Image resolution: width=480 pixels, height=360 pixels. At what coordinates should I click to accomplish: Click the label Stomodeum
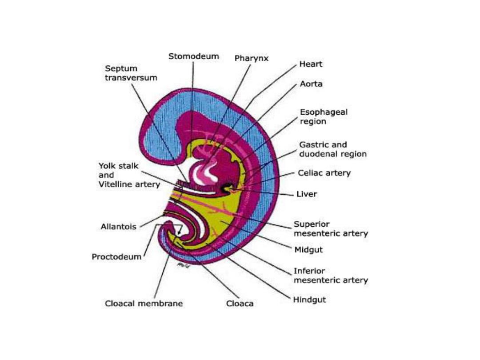193,56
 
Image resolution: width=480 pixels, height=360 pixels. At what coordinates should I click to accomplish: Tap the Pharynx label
252,58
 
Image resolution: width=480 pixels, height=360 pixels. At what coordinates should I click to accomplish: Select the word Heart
311,64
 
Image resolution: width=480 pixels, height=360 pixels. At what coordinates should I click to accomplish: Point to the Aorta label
311,84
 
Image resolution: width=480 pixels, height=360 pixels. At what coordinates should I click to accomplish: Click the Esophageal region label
323,116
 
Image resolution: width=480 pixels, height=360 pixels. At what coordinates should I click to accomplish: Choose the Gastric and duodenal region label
332,149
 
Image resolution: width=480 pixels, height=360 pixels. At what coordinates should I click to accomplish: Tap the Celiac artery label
324,173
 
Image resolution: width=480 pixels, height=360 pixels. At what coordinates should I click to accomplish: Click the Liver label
307,194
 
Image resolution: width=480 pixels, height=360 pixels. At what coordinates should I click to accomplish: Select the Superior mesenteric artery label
330,229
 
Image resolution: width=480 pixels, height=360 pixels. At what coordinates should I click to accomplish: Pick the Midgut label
308,250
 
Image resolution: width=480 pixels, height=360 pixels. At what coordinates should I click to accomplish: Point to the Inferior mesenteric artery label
330,276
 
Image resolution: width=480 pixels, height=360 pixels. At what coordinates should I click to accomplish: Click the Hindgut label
309,300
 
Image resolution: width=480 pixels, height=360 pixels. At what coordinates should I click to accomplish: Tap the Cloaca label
240,304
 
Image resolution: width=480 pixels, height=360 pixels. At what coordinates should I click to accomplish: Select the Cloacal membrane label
144,304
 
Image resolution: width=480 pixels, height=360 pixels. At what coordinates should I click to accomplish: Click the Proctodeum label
116,257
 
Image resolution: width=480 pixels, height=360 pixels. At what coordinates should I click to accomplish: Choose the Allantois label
118,227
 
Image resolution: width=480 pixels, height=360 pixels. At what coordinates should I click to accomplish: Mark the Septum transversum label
131,73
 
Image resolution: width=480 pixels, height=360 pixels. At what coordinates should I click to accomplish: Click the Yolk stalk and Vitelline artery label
129,175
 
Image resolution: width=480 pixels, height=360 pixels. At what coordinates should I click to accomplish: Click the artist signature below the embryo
182,264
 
